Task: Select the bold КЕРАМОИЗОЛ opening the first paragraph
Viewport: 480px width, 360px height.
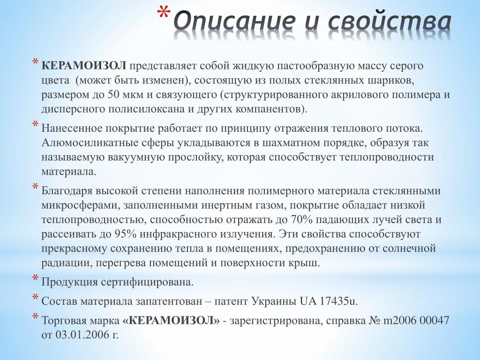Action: click(x=83, y=66)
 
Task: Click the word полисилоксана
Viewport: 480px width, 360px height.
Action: click(x=142, y=110)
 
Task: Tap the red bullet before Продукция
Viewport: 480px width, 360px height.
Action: click(x=36, y=278)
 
